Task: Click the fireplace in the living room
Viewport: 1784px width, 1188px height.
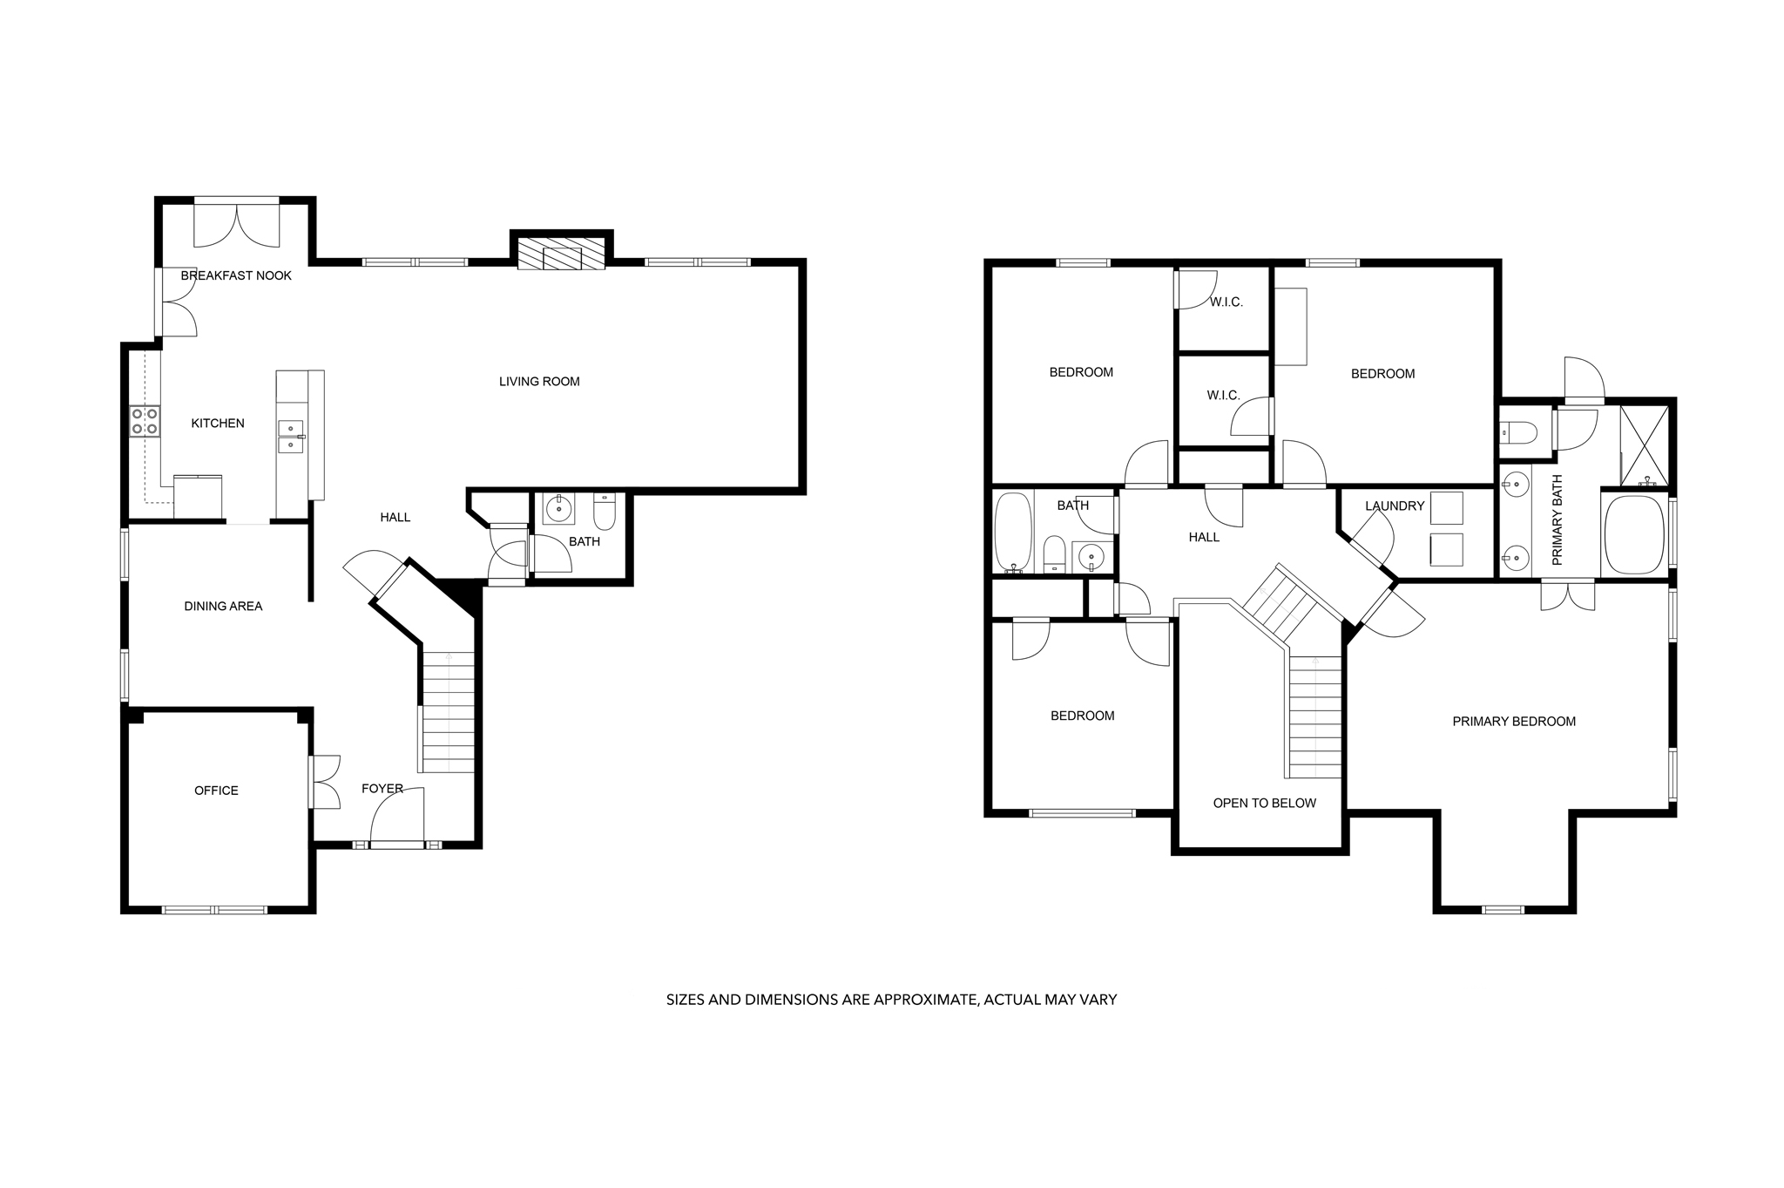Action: tap(562, 253)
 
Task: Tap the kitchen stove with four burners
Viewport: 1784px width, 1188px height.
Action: tap(145, 421)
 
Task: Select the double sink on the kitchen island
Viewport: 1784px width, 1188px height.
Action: tap(291, 437)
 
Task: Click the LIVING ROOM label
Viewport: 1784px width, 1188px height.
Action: tap(539, 381)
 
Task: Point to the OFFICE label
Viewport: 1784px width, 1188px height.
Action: tap(216, 791)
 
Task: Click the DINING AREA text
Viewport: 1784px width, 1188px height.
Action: tap(223, 606)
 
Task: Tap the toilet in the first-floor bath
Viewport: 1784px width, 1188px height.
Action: tap(605, 512)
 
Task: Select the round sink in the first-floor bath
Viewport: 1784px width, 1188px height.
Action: tap(558, 508)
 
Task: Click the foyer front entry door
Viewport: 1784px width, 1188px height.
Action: tap(397, 816)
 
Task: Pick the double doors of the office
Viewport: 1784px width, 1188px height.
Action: tap(324, 782)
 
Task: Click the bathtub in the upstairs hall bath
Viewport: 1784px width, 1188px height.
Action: tap(1012, 532)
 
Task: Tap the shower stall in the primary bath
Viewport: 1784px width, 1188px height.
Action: tap(1645, 445)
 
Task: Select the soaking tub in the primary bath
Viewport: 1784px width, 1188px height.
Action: tap(1634, 534)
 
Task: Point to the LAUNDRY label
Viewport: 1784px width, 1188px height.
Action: tap(1395, 506)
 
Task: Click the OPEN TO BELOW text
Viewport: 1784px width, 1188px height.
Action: tap(1264, 803)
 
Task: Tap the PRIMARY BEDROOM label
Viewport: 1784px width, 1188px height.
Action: tap(1514, 721)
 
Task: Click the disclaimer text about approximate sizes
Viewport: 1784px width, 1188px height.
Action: tap(891, 1000)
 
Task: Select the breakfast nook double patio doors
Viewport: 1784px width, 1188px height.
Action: tap(237, 221)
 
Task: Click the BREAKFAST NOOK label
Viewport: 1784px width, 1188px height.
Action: tap(236, 275)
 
